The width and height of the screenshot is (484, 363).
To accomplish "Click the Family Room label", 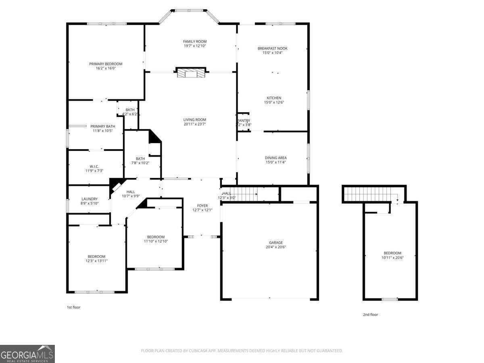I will [195, 42].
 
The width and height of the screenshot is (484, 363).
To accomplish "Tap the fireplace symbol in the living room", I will [191, 73].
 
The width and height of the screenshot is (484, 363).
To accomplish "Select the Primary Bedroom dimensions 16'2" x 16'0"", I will [106, 69].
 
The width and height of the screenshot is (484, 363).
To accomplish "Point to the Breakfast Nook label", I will [273, 48].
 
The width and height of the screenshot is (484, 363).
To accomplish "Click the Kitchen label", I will [274, 98].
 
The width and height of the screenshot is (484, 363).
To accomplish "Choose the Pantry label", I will [244, 121].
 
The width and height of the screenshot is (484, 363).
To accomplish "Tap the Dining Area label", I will [276, 158].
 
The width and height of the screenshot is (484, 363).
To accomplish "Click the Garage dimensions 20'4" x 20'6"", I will [276, 247].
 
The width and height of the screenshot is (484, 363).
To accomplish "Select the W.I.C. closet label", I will [94, 167].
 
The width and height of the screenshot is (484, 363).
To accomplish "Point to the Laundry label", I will [90, 199].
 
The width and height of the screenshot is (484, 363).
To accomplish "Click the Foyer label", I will [202, 206].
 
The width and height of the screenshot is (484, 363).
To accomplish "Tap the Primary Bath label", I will [100, 126].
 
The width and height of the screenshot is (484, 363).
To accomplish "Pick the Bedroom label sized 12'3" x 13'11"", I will [97, 257].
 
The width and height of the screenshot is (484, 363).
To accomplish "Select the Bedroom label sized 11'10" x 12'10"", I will [156, 237].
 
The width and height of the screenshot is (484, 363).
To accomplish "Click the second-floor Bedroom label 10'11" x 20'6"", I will [392, 253].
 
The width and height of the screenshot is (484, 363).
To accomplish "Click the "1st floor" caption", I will [73, 307].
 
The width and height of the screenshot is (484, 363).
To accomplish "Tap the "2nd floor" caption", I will [370, 315].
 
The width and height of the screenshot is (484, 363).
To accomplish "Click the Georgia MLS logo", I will [27, 354].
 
